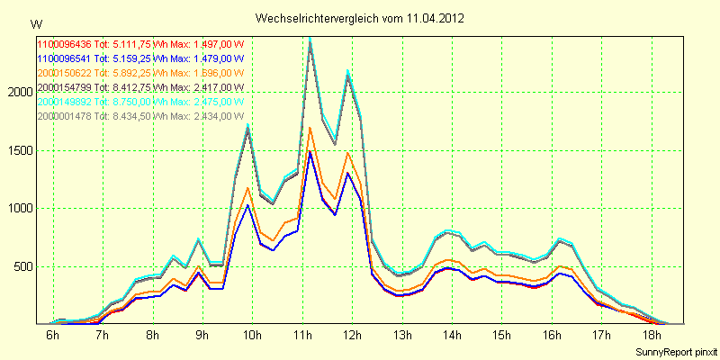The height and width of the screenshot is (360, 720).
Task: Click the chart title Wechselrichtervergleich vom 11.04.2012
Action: pyautogui.click(x=360, y=18)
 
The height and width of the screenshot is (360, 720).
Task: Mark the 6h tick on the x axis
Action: pyautogui.click(x=53, y=336)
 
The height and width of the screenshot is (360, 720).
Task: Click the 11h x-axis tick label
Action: pyautogui.click(x=302, y=336)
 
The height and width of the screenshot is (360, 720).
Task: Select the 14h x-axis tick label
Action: pyautogui.click(x=453, y=336)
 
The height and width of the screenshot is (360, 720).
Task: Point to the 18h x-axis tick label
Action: pyautogui.click(x=652, y=336)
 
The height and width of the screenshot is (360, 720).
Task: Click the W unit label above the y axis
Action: pyautogui.click(x=35, y=23)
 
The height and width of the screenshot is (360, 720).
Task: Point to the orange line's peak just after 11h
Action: pyautogui.click(x=310, y=128)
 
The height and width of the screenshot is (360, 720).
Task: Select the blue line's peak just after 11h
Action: pyautogui.click(x=310, y=152)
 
